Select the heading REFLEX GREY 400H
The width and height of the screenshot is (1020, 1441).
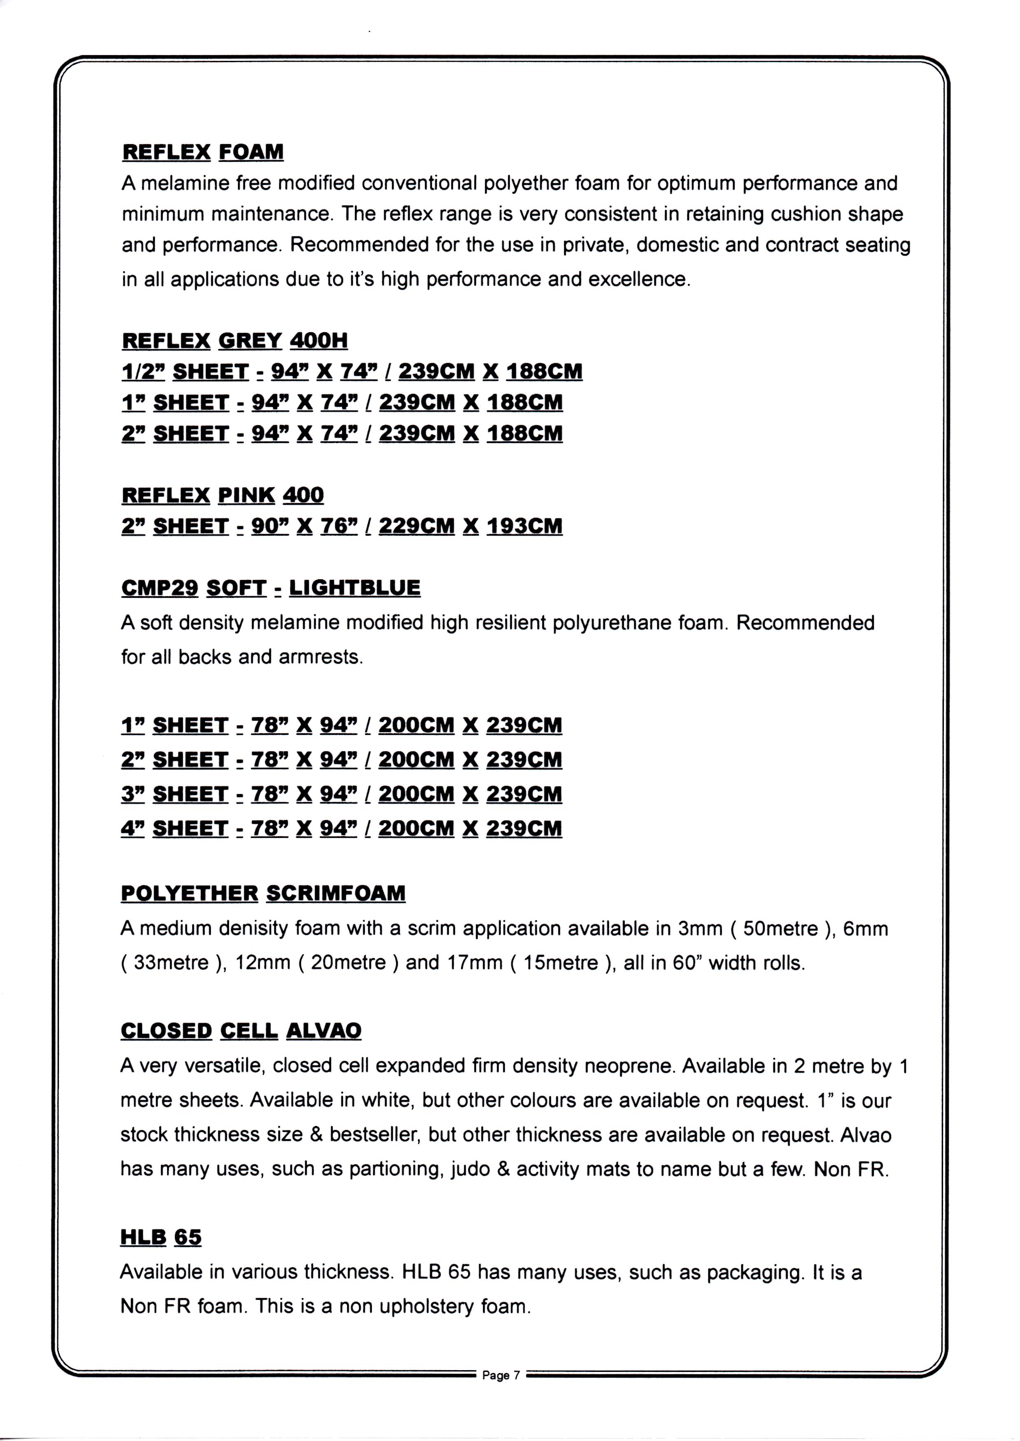(x=234, y=340)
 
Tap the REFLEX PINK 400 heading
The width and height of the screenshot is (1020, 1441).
(x=222, y=495)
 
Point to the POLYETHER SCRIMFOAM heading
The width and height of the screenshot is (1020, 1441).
(x=263, y=893)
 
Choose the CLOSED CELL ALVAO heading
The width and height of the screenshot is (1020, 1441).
(x=240, y=1031)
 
